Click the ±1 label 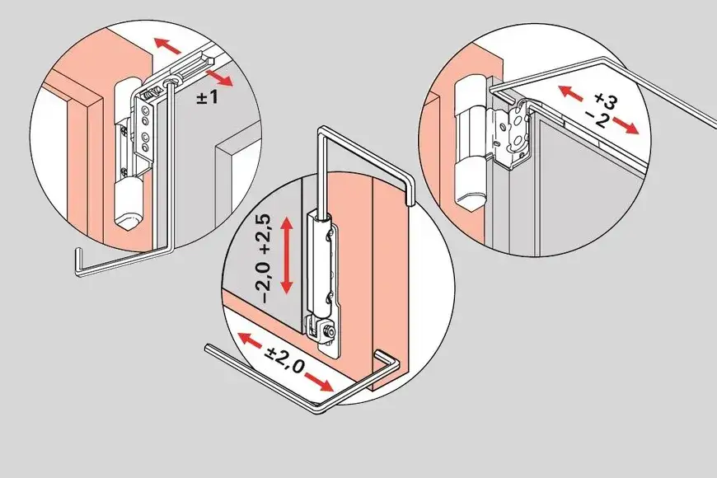pyautogui.click(x=208, y=96)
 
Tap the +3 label pyautogui.click(x=605, y=101)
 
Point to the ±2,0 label pyautogui.click(x=286, y=359)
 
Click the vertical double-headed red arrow pyautogui.click(x=286, y=255)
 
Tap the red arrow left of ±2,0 pyautogui.click(x=251, y=340)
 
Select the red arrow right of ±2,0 pyautogui.click(x=319, y=382)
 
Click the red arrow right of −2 pyautogui.click(x=626, y=125)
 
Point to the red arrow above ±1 pyautogui.click(x=219, y=78)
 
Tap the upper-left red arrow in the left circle pyautogui.click(x=167, y=45)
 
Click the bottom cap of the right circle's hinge pyautogui.click(x=470, y=185)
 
